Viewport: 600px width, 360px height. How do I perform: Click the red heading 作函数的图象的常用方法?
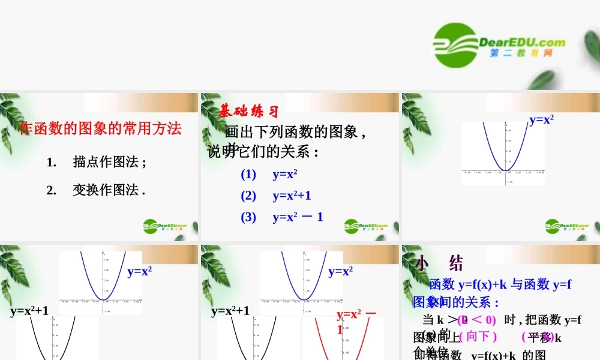pyautogui.click(x=100, y=128)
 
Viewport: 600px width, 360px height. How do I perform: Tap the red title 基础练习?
pyautogui.click(x=248, y=111)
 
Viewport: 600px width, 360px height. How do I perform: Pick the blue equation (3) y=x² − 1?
pyautogui.click(x=282, y=217)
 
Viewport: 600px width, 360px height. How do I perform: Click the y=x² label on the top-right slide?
pyautogui.click(x=541, y=119)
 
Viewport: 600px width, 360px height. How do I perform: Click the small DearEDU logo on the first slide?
pyautogui.click(x=164, y=226)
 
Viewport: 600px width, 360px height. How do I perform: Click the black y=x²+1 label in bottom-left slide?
pyautogui.click(x=29, y=311)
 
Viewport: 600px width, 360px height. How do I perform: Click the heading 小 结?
pyautogui.click(x=439, y=263)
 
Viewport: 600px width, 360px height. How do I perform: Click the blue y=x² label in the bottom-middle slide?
pyautogui.click(x=340, y=271)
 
